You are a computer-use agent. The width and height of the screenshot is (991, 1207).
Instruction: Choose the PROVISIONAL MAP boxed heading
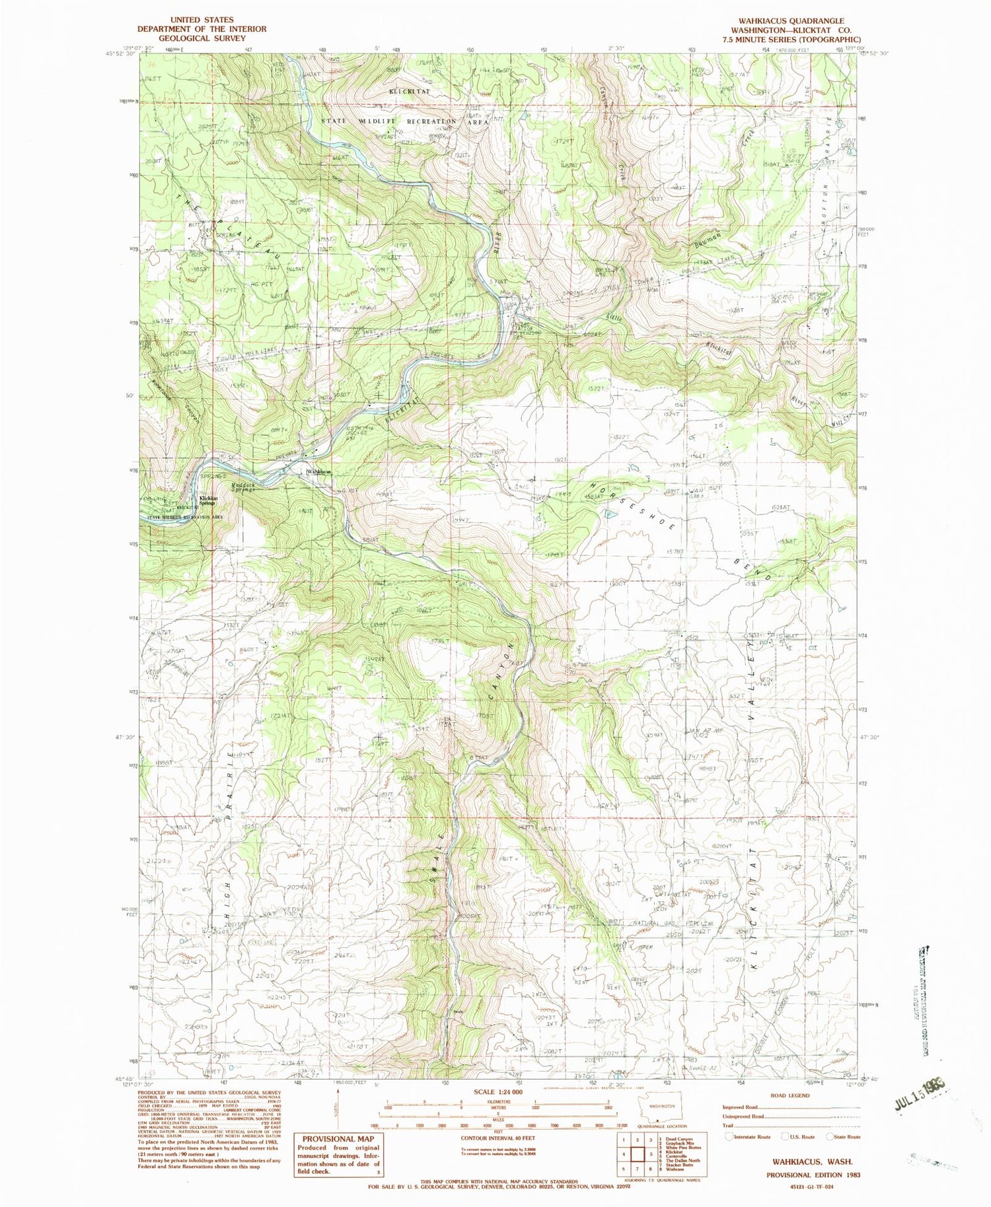coord(338,1138)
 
